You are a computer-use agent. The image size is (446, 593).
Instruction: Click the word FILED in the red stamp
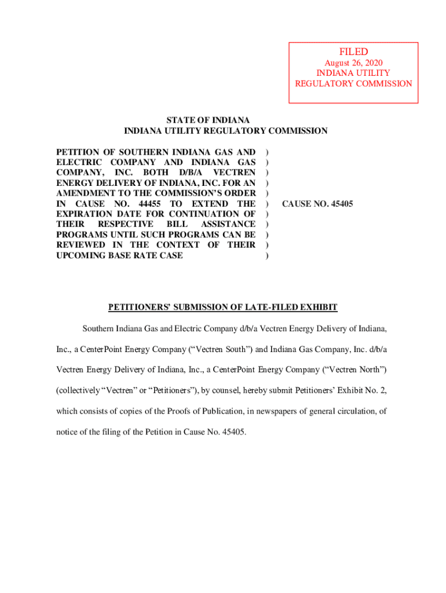(x=353, y=52)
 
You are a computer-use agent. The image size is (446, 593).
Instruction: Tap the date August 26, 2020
(x=353, y=63)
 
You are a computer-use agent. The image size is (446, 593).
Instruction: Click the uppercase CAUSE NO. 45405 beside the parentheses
(x=317, y=204)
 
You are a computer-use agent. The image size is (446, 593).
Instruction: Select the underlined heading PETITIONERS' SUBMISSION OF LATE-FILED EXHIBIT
(x=222, y=307)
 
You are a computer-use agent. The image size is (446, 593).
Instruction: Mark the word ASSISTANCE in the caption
(x=228, y=224)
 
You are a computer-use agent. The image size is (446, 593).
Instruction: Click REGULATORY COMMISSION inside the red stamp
(x=353, y=83)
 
